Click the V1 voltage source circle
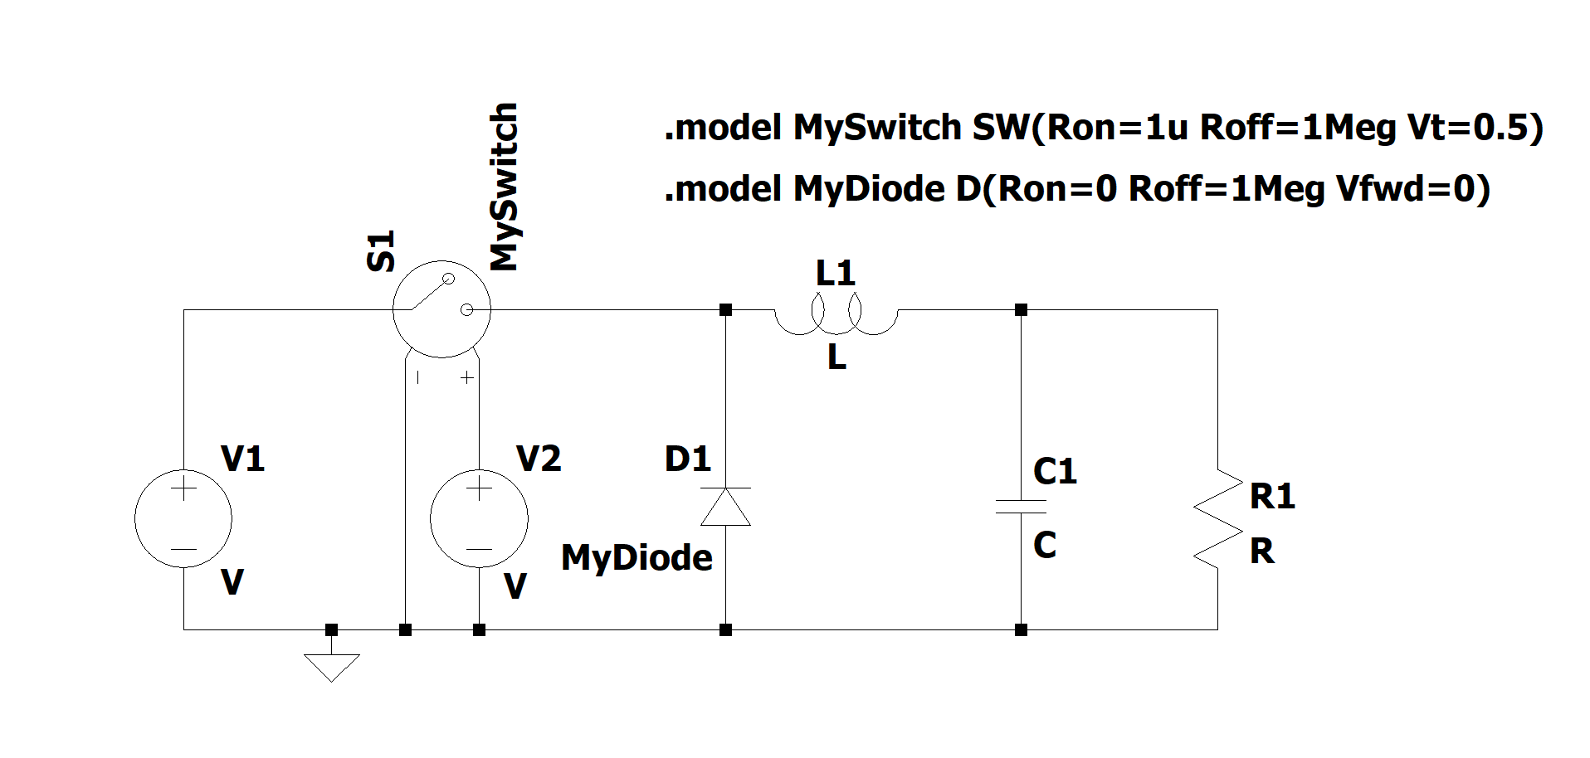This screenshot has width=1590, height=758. click(183, 519)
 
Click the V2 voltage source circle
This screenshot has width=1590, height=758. click(479, 519)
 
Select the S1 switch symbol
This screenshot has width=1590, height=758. click(441, 309)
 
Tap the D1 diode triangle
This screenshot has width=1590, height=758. click(726, 507)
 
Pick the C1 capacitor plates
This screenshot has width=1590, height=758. click(1021, 507)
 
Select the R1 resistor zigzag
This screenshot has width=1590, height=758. click(1217, 519)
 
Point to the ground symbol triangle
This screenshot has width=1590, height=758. click(331, 667)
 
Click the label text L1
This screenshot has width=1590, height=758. click(835, 273)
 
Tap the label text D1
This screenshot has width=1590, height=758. click(687, 459)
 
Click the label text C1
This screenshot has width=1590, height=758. click(1055, 471)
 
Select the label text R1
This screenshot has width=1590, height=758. click(1272, 496)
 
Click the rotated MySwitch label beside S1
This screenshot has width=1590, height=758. click(504, 187)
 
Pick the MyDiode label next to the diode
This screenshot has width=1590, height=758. click(636, 557)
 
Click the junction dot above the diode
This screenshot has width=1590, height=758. click(726, 310)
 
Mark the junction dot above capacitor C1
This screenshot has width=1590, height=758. click(1021, 310)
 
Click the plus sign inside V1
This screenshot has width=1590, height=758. click(183, 488)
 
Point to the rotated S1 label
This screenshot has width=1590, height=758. click(381, 251)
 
